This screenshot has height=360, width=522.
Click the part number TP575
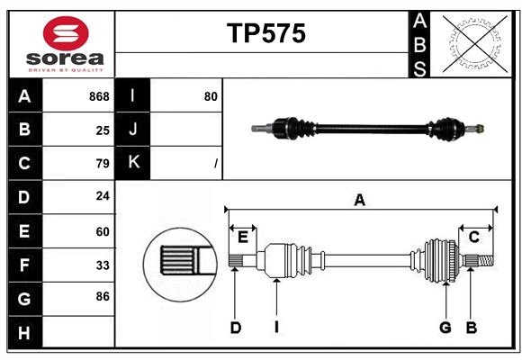(x=265, y=33)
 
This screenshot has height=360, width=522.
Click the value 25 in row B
(x=103, y=130)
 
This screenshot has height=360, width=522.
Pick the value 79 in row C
(x=103, y=164)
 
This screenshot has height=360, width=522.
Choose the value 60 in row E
(x=103, y=231)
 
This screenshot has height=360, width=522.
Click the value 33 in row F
(x=103, y=265)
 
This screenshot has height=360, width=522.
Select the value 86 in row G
(x=103, y=296)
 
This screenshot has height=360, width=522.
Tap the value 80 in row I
(x=211, y=96)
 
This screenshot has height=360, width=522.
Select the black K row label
(x=133, y=163)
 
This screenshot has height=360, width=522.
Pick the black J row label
(x=133, y=130)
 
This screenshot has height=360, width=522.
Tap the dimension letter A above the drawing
(x=359, y=201)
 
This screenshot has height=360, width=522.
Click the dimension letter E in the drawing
(x=243, y=236)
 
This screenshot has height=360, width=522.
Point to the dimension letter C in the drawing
(x=473, y=236)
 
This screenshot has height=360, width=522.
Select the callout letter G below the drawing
(x=445, y=328)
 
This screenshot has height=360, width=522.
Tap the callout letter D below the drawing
(x=235, y=328)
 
